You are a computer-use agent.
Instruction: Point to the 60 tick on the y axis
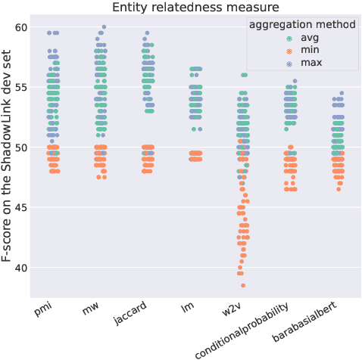pos(21,27)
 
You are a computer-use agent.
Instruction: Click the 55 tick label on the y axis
pos(21,87)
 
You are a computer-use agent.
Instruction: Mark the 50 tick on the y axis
pos(21,147)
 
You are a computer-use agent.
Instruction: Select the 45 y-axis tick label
pos(21,208)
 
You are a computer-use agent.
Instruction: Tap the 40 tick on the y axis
pos(21,268)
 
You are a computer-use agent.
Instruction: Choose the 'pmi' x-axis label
pos(44,311)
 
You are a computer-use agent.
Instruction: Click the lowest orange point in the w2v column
pos(243,285)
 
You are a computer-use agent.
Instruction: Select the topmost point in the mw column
pos(104,27)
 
